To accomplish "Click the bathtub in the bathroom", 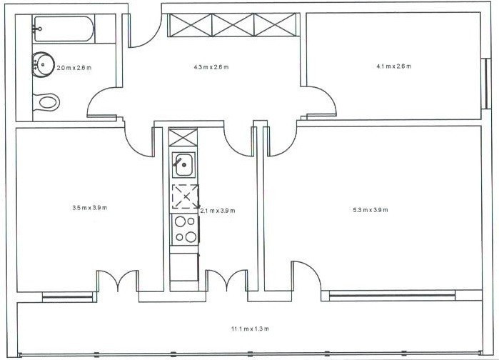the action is click(x=64, y=29).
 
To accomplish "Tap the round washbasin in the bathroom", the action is click(x=41, y=64).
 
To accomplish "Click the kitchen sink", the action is click(x=183, y=164).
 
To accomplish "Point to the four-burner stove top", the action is click(x=185, y=229).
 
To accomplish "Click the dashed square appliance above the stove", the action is click(x=186, y=196).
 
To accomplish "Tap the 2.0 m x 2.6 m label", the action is click(x=74, y=68).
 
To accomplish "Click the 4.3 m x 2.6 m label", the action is click(x=211, y=67).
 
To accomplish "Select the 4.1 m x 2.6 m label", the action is click(x=393, y=66).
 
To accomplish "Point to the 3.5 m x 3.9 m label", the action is click(x=90, y=208).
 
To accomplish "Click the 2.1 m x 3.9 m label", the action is click(x=218, y=211).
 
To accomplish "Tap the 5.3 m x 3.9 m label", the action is click(x=371, y=210).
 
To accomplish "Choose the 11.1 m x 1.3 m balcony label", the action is click(x=250, y=329).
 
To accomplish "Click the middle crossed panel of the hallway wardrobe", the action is click(x=233, y=25).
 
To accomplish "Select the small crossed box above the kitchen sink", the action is click(x=183, y=137).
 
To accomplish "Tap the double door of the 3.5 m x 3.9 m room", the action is click(x=118, y=281).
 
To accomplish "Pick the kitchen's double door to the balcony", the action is click(x=226, y=281).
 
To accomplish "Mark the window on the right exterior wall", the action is click(x=487, y=84).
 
